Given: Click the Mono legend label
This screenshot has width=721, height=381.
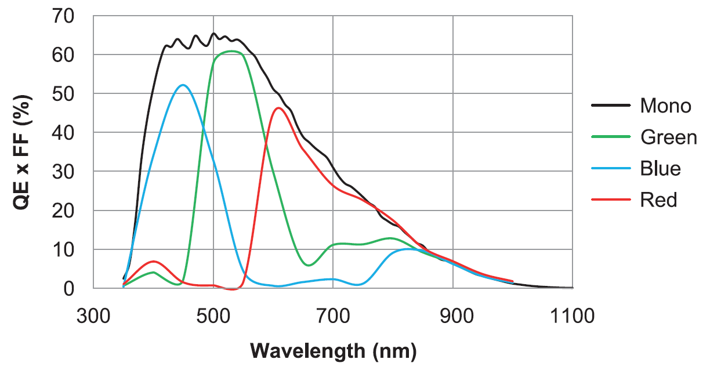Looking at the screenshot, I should coord(665,106).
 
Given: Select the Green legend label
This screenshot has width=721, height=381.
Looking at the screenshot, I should coord(668,137).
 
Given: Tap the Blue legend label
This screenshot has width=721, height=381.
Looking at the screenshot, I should coord(660,169).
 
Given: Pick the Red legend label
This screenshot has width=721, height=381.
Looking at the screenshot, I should coord(658,200).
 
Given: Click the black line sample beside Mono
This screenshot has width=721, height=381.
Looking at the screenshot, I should coord(611,106).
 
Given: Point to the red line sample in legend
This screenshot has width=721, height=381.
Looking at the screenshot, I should coord(611,200).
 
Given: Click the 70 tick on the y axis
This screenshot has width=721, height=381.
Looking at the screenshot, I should coord(64,16).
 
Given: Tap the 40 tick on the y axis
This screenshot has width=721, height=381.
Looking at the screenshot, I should coord(64,133).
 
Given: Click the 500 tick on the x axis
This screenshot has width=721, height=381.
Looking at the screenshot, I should coord(213,316).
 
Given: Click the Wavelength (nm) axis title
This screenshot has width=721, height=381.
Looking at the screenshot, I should coord(333,351).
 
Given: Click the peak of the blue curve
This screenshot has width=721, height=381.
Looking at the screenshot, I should coord(183,85).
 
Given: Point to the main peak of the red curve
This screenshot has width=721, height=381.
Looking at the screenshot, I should coord(279,108).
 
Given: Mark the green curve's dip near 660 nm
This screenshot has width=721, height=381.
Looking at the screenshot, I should coord(309,265).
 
